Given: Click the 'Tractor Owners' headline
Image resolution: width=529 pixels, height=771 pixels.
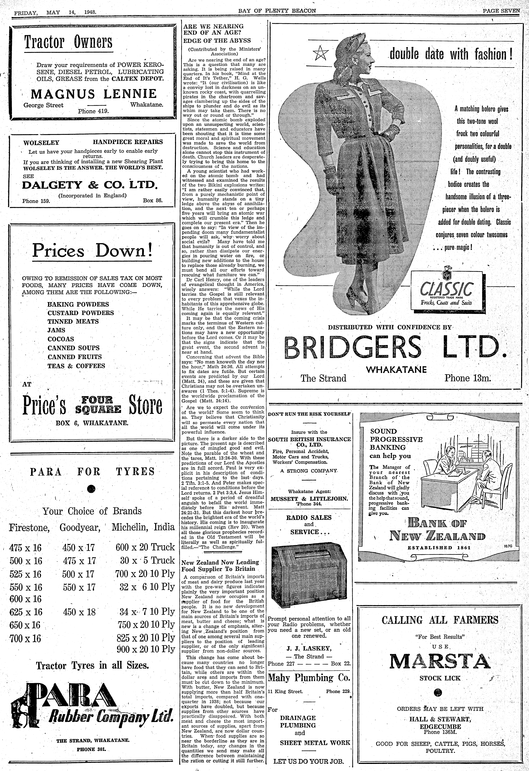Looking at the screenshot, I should [x=68, y=42].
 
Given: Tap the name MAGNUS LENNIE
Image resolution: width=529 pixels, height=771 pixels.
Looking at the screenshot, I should [x=94, y=94].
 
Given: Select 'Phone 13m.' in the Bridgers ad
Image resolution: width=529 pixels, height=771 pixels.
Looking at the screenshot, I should [x=467, y=378].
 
